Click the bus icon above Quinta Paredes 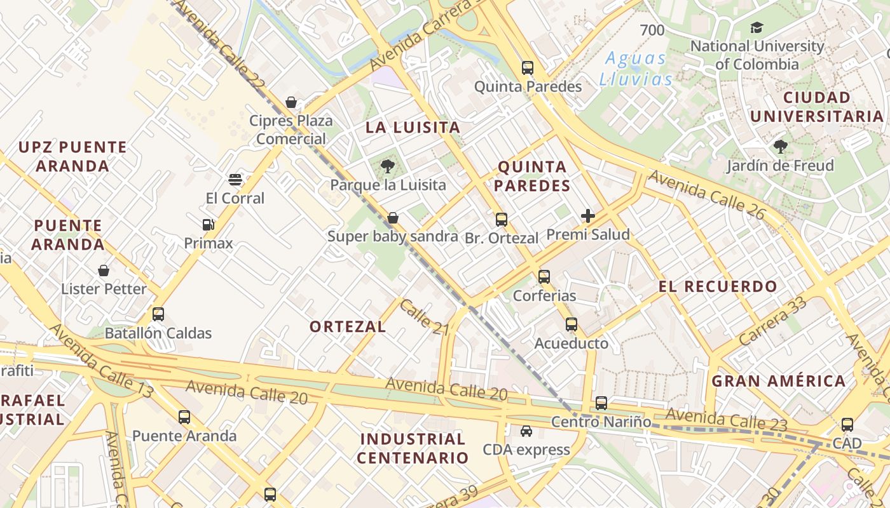coord(527,67)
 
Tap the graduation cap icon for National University coord(756,27)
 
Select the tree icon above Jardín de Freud coord(780,147)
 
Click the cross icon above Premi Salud coord(588,216)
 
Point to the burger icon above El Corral coord(235,180)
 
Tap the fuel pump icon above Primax coord(208,225)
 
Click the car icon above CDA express coord(526,431)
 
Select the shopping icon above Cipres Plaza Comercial coord(291,102)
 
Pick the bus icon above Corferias coord(544,277)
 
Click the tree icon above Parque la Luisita coord(387,167)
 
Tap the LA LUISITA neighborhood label coord(413,128)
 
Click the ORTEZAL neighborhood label coord(348,327)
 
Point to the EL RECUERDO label coord(718,286)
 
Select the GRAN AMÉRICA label coord(778,381)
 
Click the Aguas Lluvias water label coord(636,69)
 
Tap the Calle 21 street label coord(425,317)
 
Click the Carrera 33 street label coord(773,321)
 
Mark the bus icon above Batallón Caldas coord(158,314)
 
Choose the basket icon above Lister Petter coord(104,271)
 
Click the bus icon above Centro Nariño coord(601,403)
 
